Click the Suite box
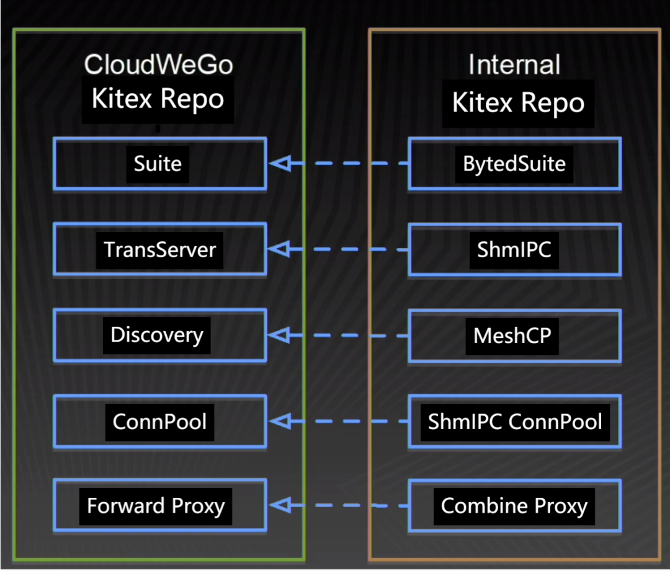tap(158, 164)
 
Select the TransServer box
tap(159, 249)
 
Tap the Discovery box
tap(157, 335)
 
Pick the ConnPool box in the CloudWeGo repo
tap(159, 422)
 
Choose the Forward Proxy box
tap(156, 506)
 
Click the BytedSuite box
tap(514, 164)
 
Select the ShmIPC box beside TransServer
tap(514, 249)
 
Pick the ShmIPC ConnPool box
tap(515, 422)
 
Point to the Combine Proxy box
tap(514, 506)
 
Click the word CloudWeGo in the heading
tap(158, 64)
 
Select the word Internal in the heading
tap(514, 64)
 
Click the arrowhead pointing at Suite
tap(280, 164)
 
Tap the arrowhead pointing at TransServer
tap(280, 249)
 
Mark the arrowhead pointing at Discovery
tap(280, 335)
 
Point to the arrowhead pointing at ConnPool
tap(280, 422)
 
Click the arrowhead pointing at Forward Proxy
tap(280, 506)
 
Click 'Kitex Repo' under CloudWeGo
tap(158, 99)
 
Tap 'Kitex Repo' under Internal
tap(518, 103)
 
